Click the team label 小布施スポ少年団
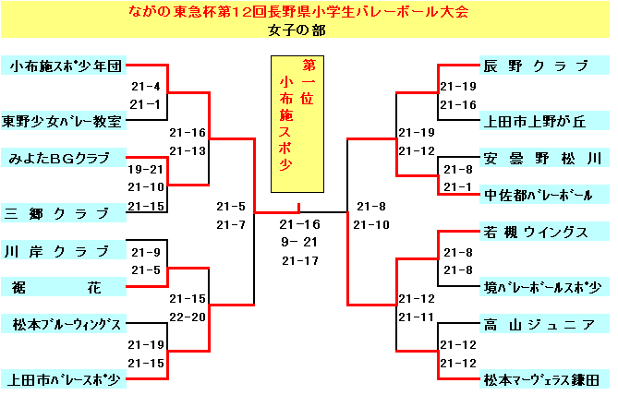pyautogui.click(x=64, y=66)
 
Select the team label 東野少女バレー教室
pyautogui.click(x=64, y=121)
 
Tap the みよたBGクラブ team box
pyautogui.click(x=64, y=158)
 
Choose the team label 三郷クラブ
pyautogui.click(x=64, y=213)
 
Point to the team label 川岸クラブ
pyautogui.click(x=64, y=250)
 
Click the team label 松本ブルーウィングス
pyautogui.click(x=64, y=324)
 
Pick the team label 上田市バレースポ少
pyautogui.click(x=64, y=380)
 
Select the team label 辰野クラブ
pyautogui.click(x=544, y=66)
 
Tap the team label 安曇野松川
pyautogui.click(x=544, y=158)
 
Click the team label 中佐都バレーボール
pyautogui.click(x=544, y=195)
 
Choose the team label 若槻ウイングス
pyautogui.click(x=544, y=232)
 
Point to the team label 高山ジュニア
pyautogui.click(x=544, y=324)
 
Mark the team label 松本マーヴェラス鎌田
pyautogui.click(x=544, y=380)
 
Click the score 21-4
pyautogui.click(x=146, y=86)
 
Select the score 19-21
pyautogui.click(x=145, y=170)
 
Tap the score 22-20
pyautogui.click(x=188, y=317)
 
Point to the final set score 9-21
pyautogui.click(x=299, y=242)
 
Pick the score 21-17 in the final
pyautogui.click(x=300, y=260)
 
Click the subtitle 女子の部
pyautogui.click(x=297, y=30)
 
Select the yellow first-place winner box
pyautogui.click(x=297, y=124)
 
